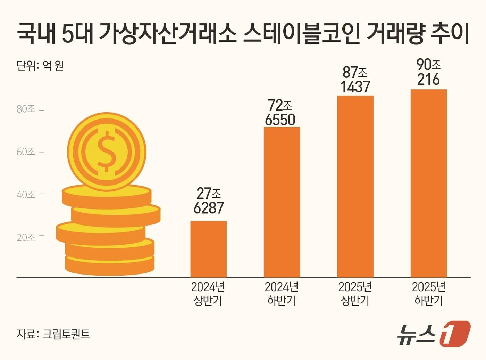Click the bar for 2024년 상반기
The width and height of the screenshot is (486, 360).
(x=208, y=249)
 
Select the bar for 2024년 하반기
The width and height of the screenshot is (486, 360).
(x=282, y=202)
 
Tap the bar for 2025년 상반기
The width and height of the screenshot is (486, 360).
(x=355, y=186)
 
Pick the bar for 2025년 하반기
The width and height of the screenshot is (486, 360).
(x=429, y=183)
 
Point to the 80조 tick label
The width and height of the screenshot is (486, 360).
(x=26, y=109)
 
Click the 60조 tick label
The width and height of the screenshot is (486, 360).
(x=26, y=152)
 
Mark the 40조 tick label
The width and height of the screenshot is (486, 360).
(x=26, y=195)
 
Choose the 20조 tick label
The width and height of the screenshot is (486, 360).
(x=26, y=237)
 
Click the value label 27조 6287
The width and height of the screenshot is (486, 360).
(x=208, y=201)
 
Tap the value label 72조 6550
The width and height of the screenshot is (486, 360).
(x=280, y=113)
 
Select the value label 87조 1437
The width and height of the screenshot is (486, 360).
(x=355, y=80)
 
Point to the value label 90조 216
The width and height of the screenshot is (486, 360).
(x=429, y=72)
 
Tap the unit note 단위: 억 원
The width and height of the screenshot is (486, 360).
(x=40, y=65)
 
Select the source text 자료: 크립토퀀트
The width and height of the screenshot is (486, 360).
(x=53, y=334)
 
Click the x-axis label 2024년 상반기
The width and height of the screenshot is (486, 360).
(x=208, y=294)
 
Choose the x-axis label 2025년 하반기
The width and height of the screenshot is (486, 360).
(x=429, y=294)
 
